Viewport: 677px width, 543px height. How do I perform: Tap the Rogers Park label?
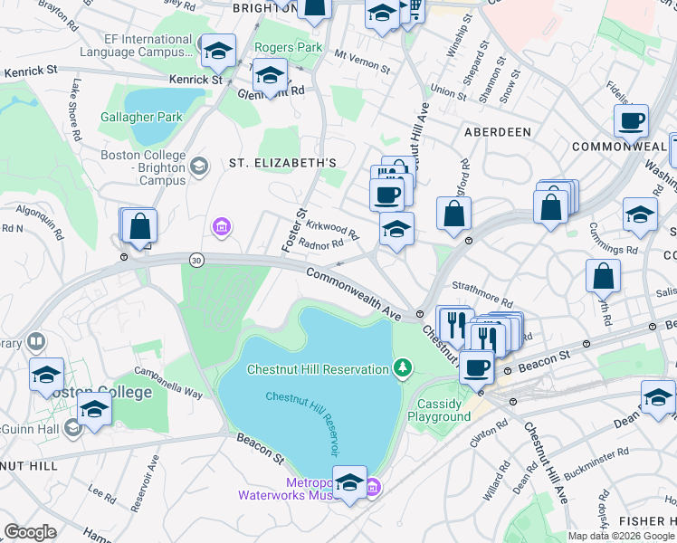click(288, 47)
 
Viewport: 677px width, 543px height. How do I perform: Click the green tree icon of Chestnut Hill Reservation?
click(403, 368)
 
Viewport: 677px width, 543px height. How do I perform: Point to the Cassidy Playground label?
click(443, 410)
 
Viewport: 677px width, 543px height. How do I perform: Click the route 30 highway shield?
click(196, 261)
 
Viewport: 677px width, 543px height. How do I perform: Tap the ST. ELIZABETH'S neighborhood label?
click(282, 163)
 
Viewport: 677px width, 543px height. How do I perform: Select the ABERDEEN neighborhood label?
click(497, 132)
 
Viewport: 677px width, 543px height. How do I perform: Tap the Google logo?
click(30, 532)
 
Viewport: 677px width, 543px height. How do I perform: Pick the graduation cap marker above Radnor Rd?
click(396, 231)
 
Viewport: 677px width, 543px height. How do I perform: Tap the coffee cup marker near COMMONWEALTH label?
click(631, 120)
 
